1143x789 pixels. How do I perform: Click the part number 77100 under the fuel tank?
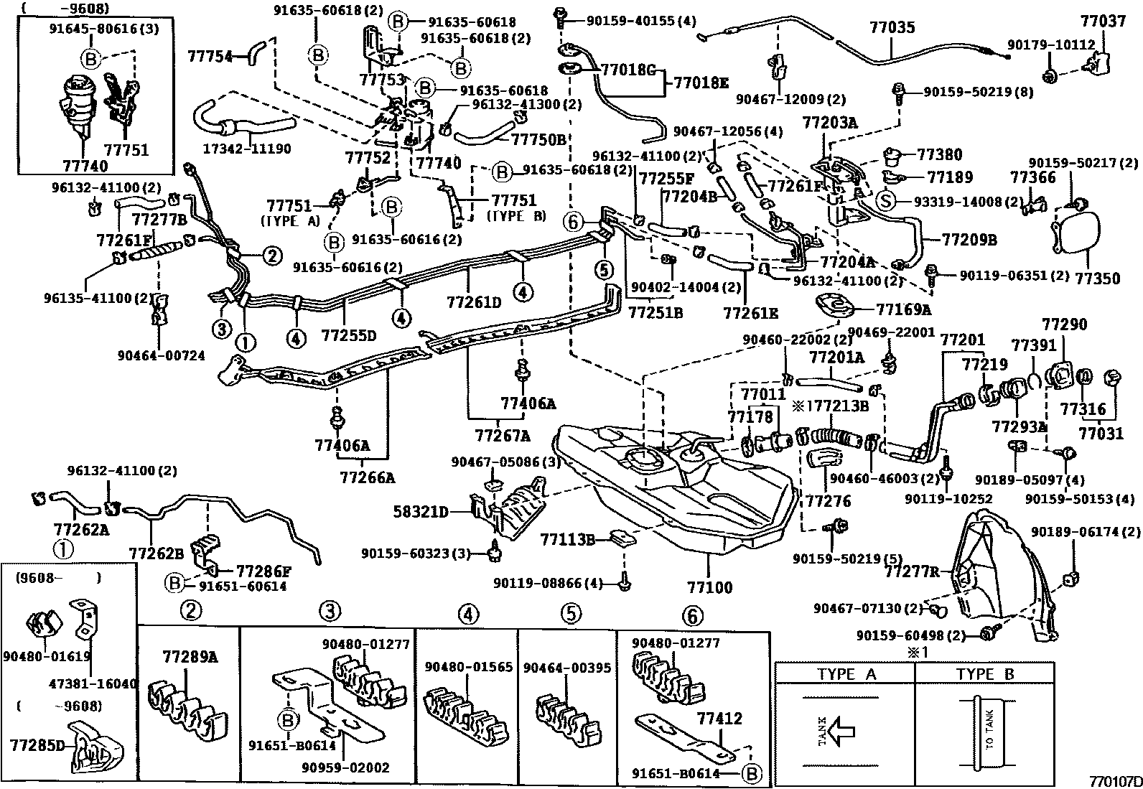pos(709,587)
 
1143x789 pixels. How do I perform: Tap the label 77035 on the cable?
pos(892,28)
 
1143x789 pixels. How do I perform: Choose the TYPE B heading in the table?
pos(985,675)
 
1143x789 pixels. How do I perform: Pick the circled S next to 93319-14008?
pos(885,202)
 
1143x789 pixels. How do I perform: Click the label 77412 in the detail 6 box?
pos(719,719)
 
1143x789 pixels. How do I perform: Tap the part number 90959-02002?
pos(345,767)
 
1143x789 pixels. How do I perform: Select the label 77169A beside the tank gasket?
pos(903,309)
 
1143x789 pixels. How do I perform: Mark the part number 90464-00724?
pos(162,355)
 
